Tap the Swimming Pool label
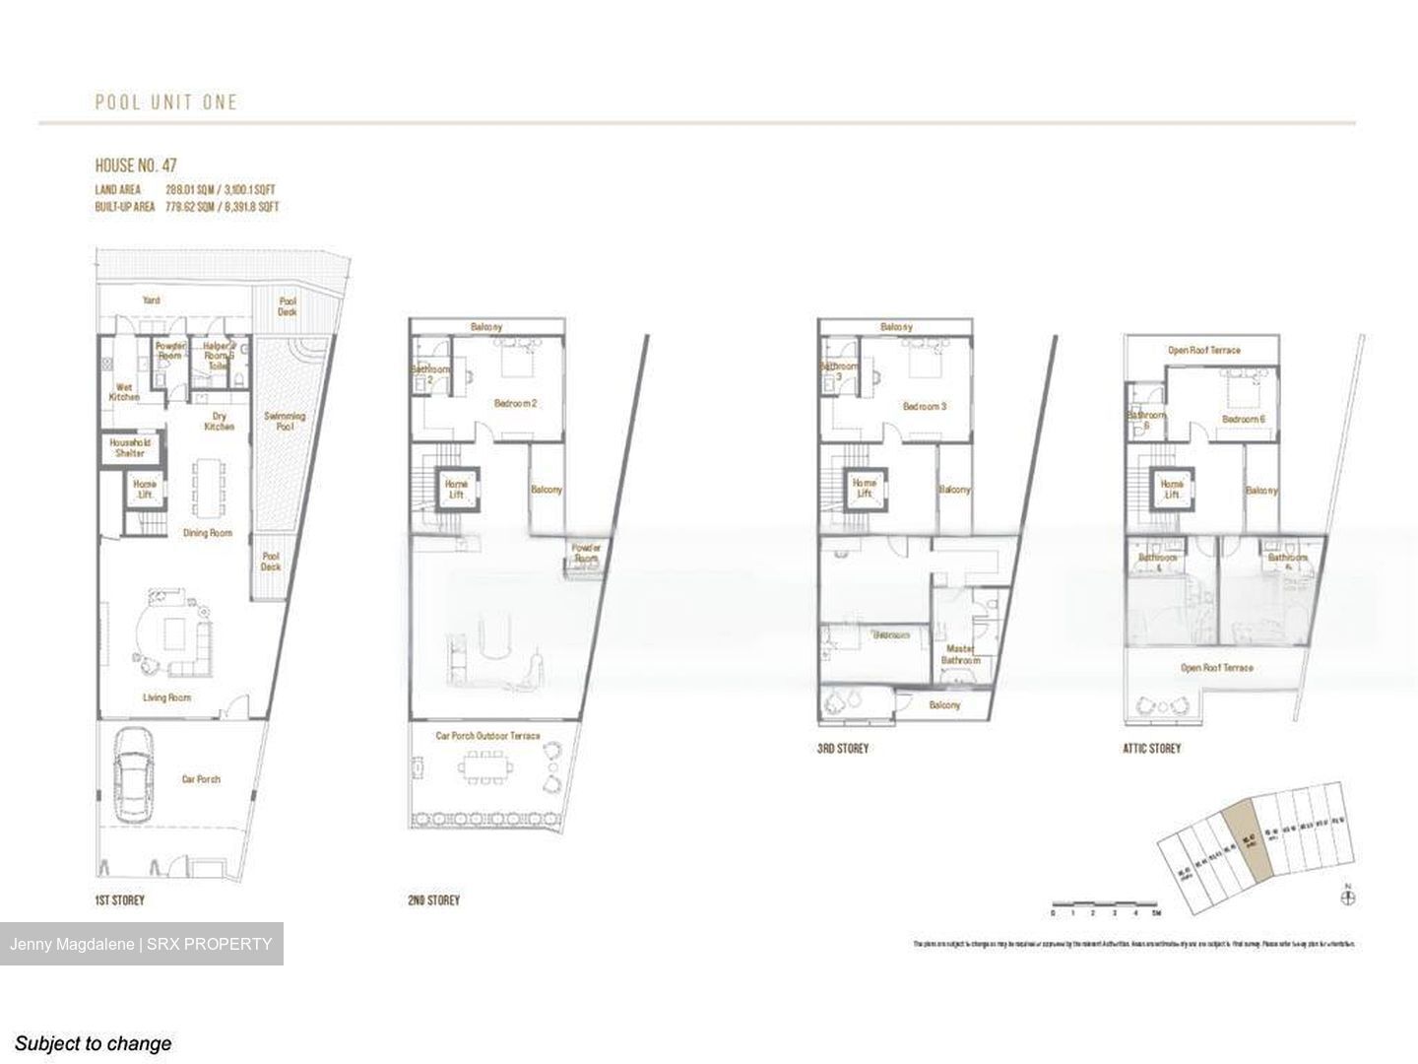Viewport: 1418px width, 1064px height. click(284, 422)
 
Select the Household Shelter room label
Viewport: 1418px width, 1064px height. click(130, 448)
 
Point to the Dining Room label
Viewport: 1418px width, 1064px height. click(208, 533)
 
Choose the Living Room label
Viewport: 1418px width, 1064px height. click(166, 698)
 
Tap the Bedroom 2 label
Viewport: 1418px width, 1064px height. click(514, 403)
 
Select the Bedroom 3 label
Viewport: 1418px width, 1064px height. click(924, 406)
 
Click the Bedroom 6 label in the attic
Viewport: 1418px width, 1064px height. click(1243, 419)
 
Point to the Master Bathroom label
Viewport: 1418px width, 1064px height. click(960, 654)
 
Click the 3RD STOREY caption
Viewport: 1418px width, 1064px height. click(843, 749)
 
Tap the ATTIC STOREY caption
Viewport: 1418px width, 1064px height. click(1151, 749)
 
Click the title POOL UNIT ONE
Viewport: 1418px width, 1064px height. click(166, 101)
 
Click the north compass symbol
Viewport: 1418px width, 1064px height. click(1348, 897)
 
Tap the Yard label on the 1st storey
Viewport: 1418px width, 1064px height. click(151, 300)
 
